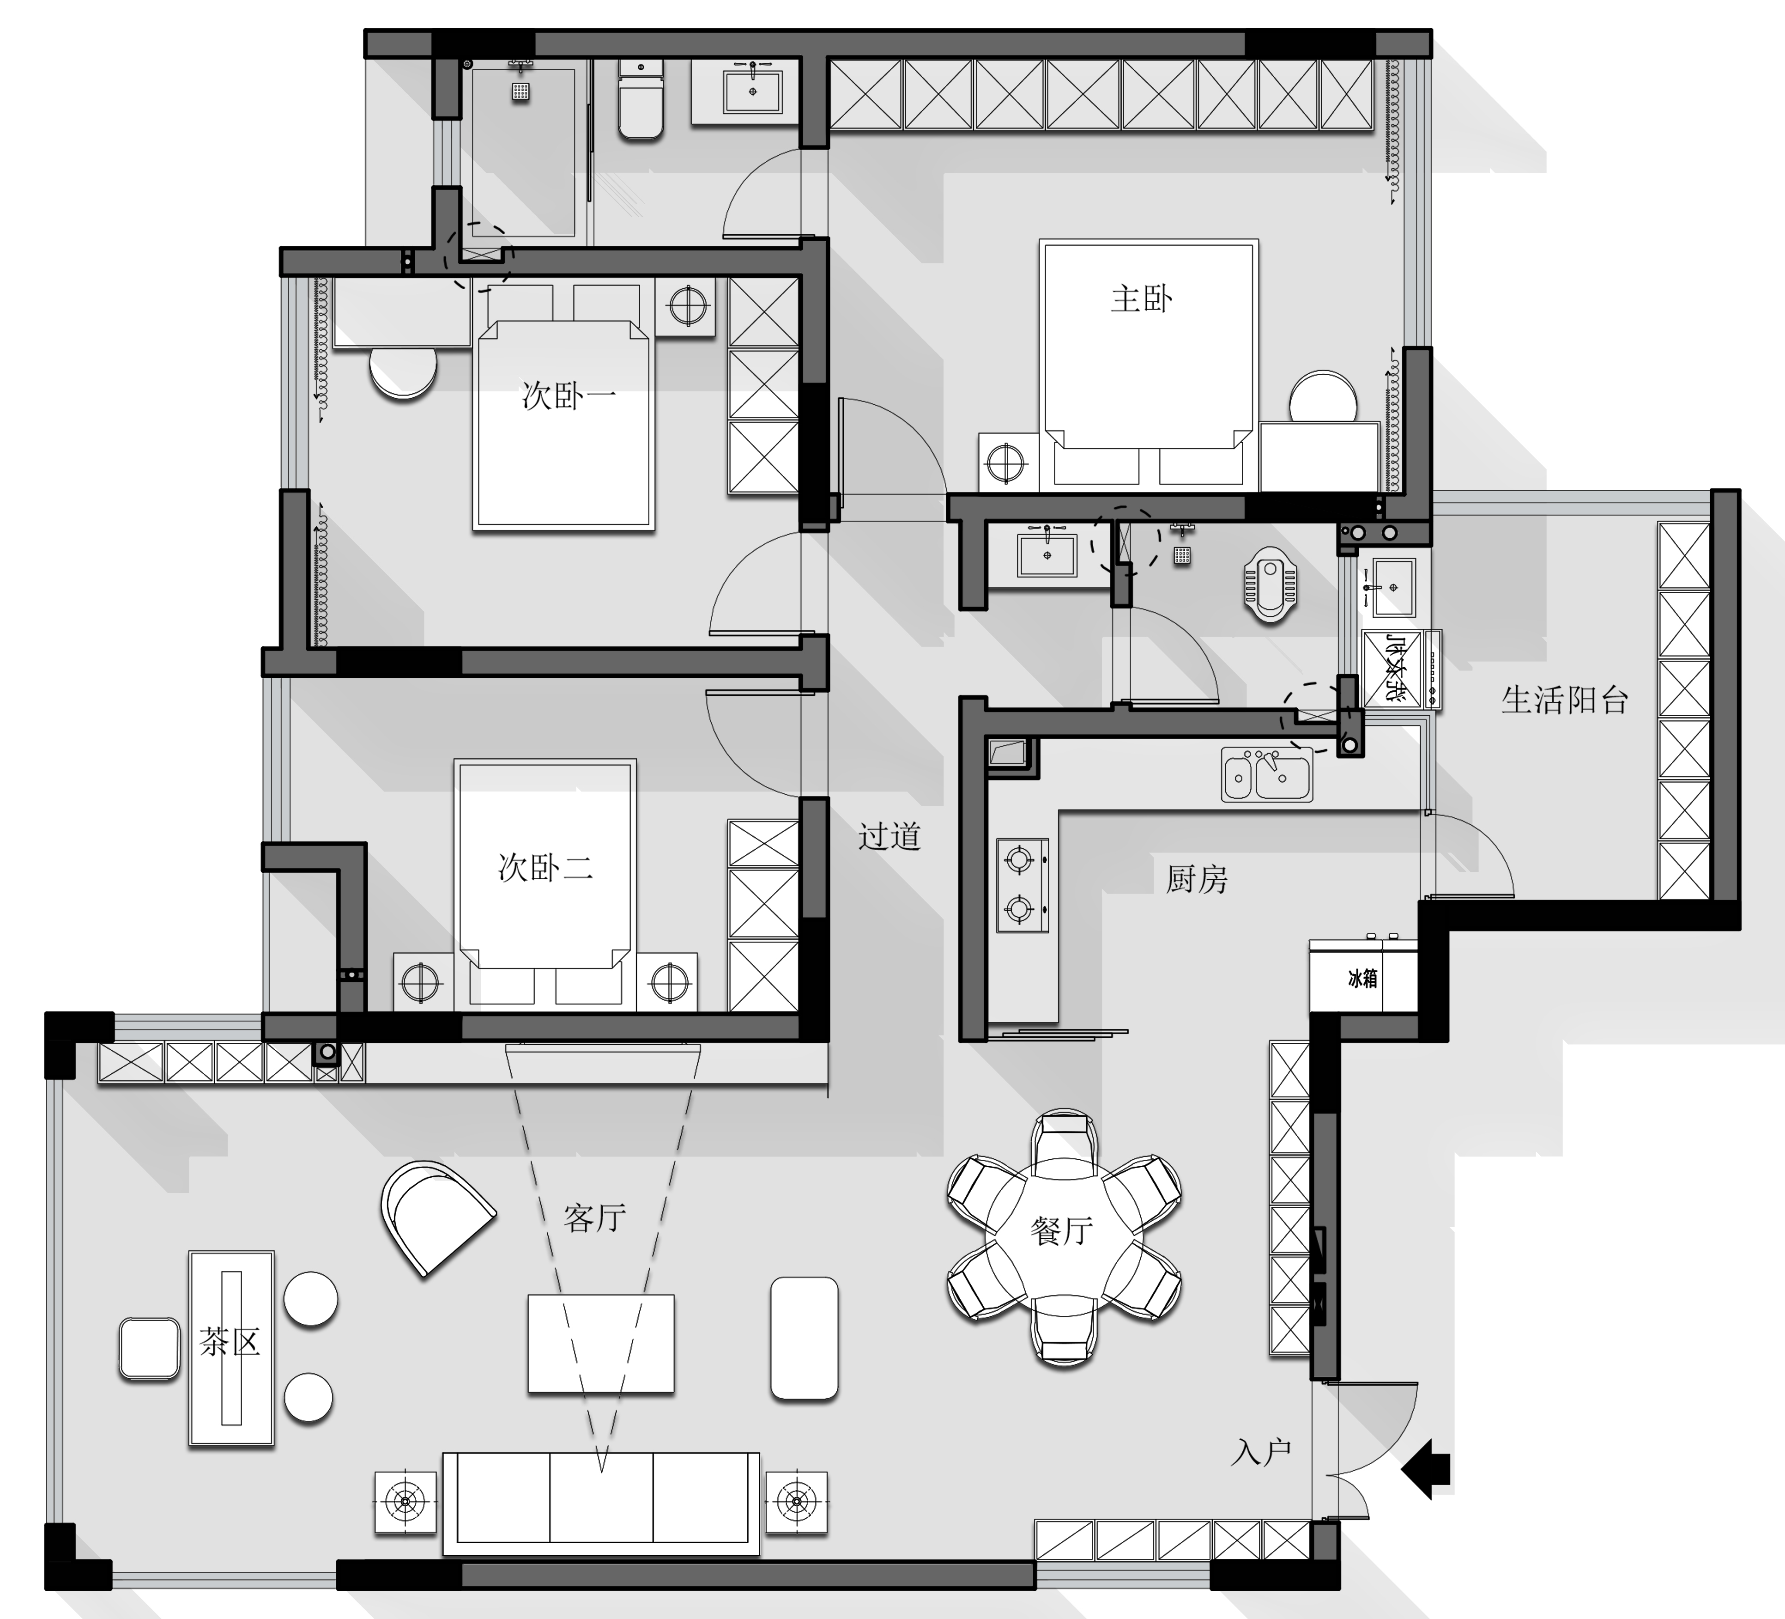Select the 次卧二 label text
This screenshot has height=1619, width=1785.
pos(545,867)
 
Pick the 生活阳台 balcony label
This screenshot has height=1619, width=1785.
pos(1565,700)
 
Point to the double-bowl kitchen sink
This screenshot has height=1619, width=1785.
pos(1267,774)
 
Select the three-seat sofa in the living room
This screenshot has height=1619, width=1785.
pos(601,1504)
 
